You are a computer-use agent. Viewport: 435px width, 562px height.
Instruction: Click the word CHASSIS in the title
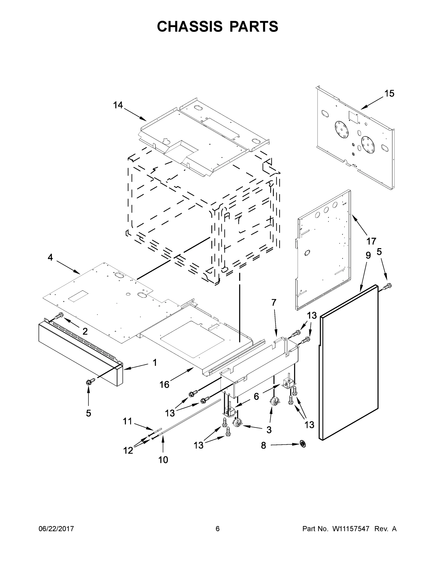[190, 26]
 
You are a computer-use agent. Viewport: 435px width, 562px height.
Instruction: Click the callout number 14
[118, 105]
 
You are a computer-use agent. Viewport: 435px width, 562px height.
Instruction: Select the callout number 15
[389, 93]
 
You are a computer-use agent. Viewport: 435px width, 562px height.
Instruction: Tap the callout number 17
[371, 241]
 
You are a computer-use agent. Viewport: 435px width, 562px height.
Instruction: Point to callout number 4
[50, 257]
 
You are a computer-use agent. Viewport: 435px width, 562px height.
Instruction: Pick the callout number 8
[263, 445]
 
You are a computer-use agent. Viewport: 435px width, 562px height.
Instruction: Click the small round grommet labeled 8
[303, 444]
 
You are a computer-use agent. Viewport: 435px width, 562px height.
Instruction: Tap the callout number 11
[127, 421]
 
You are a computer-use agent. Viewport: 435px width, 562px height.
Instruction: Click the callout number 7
[274, 302]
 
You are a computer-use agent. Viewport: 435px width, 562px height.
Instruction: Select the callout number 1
[155, 362]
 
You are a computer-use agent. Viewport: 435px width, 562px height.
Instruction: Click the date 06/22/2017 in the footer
[56, 529]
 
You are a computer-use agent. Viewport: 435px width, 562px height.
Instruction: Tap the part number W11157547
[351, 529]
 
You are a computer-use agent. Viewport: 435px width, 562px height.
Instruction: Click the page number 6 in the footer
[218, 529]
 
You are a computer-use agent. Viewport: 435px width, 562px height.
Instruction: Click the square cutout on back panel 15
[352, 115]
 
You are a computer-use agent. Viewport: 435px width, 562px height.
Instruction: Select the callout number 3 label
[269, 429]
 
